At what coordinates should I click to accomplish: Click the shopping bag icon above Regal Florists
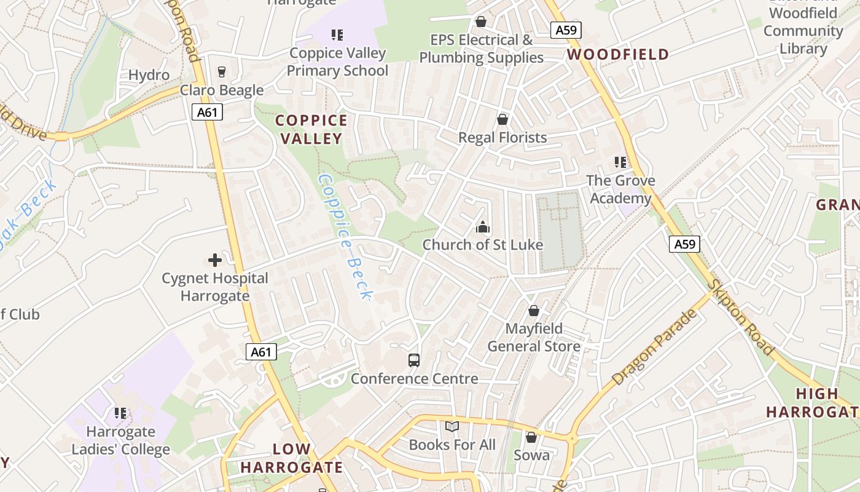click(502, 119)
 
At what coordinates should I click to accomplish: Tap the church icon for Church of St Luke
click(483, 227)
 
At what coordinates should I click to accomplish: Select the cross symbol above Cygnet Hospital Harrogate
click(215, 260)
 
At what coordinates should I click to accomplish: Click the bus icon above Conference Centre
click(414, 360)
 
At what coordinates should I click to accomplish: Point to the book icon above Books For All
click(452, 426)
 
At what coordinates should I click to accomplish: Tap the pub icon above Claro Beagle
click(222, 72)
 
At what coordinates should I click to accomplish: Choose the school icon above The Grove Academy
click(620, 162)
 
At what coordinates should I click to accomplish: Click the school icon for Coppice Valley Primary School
click(337, 35)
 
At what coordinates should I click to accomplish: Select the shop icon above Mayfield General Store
click(533, 311)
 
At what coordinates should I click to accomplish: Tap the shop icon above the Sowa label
click(531, 437)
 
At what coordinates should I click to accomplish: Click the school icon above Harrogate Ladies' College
click(120, 413)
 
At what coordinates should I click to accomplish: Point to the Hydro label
click(149, 75)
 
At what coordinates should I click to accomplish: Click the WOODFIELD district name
click(618, 54)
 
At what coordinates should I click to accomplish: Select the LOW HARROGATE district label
click(292, 458)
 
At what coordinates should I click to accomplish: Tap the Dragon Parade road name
click(655, 347)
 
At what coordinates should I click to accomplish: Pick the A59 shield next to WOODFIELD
click(566, 31)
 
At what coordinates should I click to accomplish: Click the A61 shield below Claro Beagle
click(207, 112)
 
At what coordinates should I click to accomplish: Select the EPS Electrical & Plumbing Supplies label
click(482, 49)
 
